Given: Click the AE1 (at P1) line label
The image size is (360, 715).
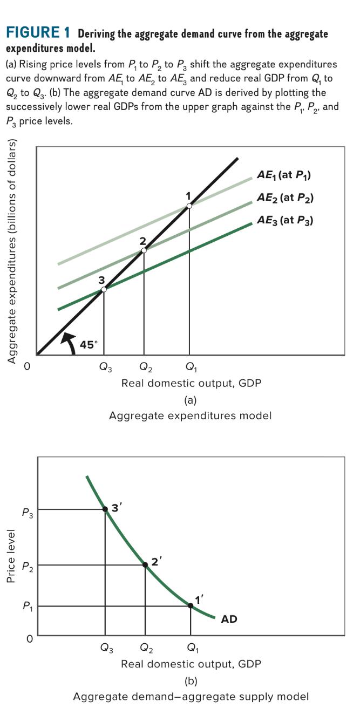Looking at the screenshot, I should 284,175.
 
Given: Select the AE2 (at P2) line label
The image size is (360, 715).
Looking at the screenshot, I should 284,198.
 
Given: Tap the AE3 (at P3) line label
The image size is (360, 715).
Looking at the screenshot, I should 284,220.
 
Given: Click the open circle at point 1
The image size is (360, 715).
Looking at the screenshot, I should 189,205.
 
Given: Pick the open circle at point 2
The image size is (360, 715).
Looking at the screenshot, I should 144,250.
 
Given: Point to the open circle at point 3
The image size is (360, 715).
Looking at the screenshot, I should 104,290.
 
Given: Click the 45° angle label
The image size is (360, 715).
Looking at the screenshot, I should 89,345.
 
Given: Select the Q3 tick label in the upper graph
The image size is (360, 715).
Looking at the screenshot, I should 106,369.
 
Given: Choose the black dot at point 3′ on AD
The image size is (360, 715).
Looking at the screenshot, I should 105,509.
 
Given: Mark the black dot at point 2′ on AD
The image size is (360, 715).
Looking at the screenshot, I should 145,565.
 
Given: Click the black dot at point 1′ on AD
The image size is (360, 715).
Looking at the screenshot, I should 191,605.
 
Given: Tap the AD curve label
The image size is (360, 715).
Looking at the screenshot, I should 229,619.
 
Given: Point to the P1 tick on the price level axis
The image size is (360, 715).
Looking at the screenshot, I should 27,606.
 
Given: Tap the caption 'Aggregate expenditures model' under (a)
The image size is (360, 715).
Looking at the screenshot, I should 190,416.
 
